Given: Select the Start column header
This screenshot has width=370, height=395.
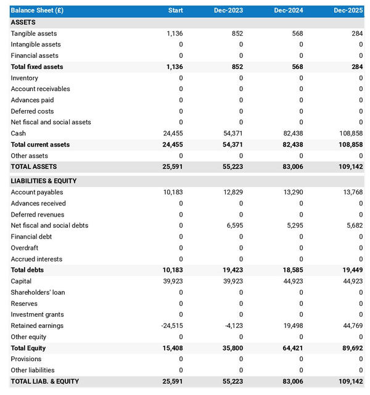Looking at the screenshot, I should point(175,10).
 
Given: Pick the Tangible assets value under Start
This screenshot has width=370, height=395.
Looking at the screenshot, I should point(175,33).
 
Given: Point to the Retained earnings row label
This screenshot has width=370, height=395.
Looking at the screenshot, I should point(37,325).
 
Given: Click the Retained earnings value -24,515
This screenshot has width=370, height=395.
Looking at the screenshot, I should point(171,325).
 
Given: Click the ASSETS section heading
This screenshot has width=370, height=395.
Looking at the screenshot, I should point(23,22).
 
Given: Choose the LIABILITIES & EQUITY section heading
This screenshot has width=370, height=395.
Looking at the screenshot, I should point(43,181).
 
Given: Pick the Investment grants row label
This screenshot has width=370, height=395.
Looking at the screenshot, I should point(37,314).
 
